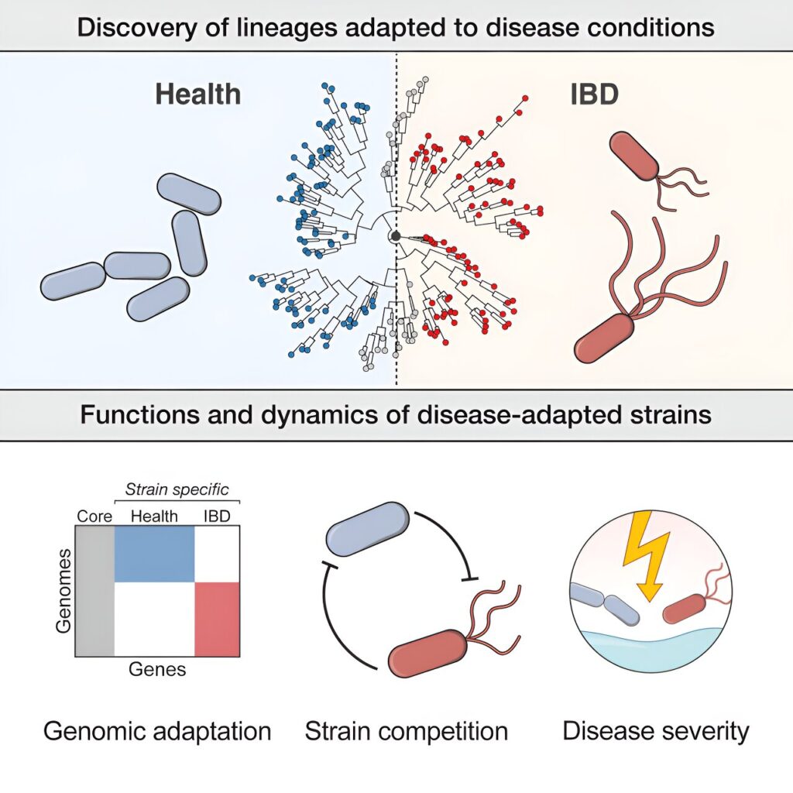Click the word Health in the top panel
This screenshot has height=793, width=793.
[197, 94]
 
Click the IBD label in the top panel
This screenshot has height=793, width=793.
[594, 94]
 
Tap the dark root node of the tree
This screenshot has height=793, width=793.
[396, 236]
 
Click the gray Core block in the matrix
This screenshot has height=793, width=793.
[95, 591]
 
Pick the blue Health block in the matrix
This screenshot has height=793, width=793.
[155, 554]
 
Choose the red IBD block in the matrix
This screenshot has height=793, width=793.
[217, 620]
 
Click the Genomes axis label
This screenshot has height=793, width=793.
[64, 591]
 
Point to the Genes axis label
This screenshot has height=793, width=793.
[157, 669]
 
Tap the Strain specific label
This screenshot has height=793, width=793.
[177, 489]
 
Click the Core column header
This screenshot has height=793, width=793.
[94, 516]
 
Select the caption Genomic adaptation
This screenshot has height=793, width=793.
[157, 731]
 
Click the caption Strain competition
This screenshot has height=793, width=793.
[407, 731]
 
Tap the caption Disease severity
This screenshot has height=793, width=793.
[656, 731]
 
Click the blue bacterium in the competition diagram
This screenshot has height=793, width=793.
[368, 528]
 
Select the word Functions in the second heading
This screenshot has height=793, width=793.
[141, 415]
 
